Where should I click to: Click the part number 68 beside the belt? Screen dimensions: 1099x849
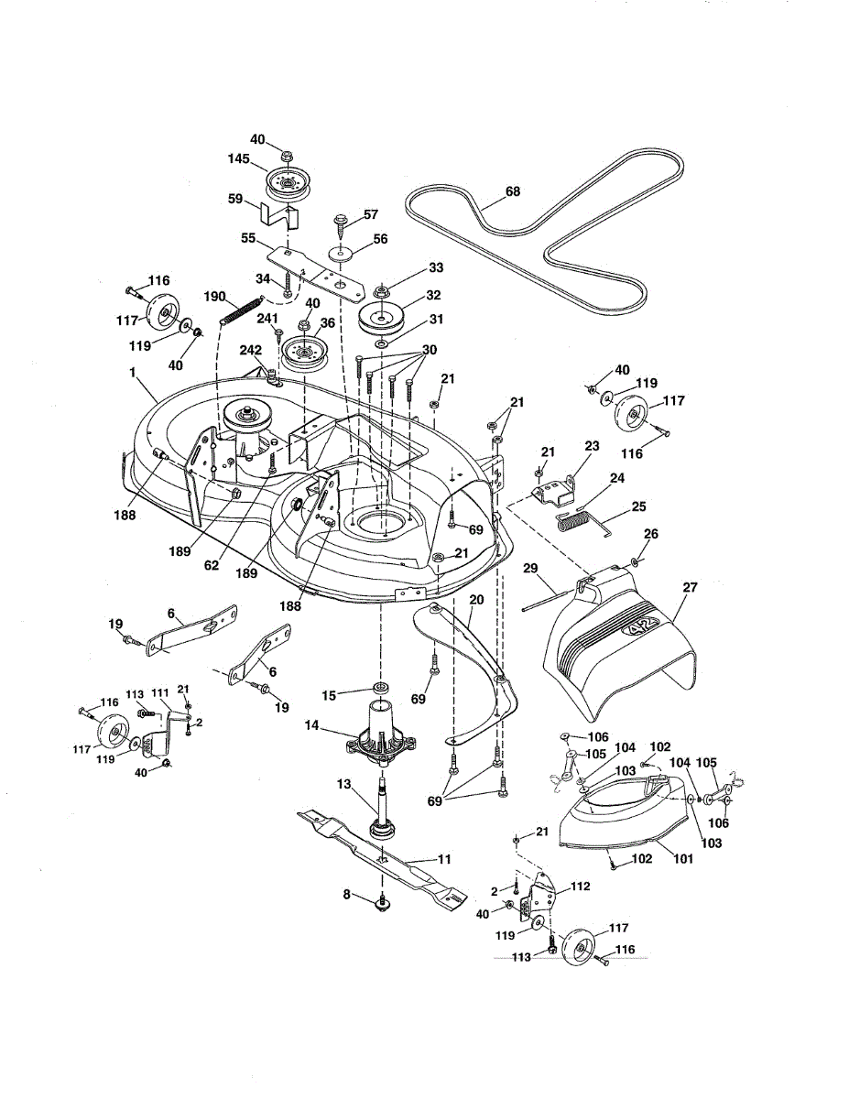[x=512, y=191]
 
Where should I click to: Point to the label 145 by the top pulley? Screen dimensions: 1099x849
[x=240, y=158]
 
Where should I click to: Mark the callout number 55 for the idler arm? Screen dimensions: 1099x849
[x=248, y=237]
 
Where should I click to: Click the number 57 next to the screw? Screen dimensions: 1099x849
[x=370, y=214]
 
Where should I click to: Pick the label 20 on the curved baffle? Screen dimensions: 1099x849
[x=475, y=599]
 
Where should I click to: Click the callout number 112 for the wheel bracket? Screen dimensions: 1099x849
[x=580, y=887]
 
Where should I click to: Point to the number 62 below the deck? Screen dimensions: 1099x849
[x=212, y=566]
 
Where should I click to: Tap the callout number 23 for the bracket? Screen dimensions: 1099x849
[x=592, y=447]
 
